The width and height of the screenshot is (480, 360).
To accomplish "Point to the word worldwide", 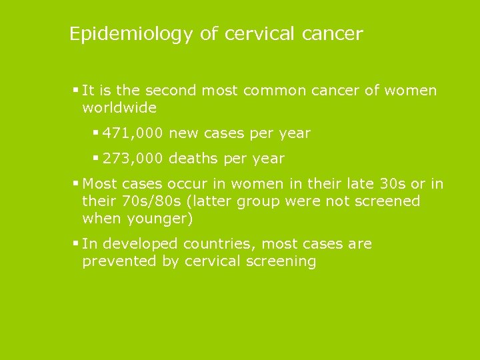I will tap(119, 107).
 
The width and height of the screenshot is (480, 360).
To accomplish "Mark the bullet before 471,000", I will tap(96, 133).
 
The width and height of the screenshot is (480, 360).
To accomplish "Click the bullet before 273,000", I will tap(96, 158).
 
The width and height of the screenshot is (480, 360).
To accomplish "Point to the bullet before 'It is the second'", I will tap(76, 90).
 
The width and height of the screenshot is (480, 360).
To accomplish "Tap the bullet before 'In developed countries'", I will tap(76, 243).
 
